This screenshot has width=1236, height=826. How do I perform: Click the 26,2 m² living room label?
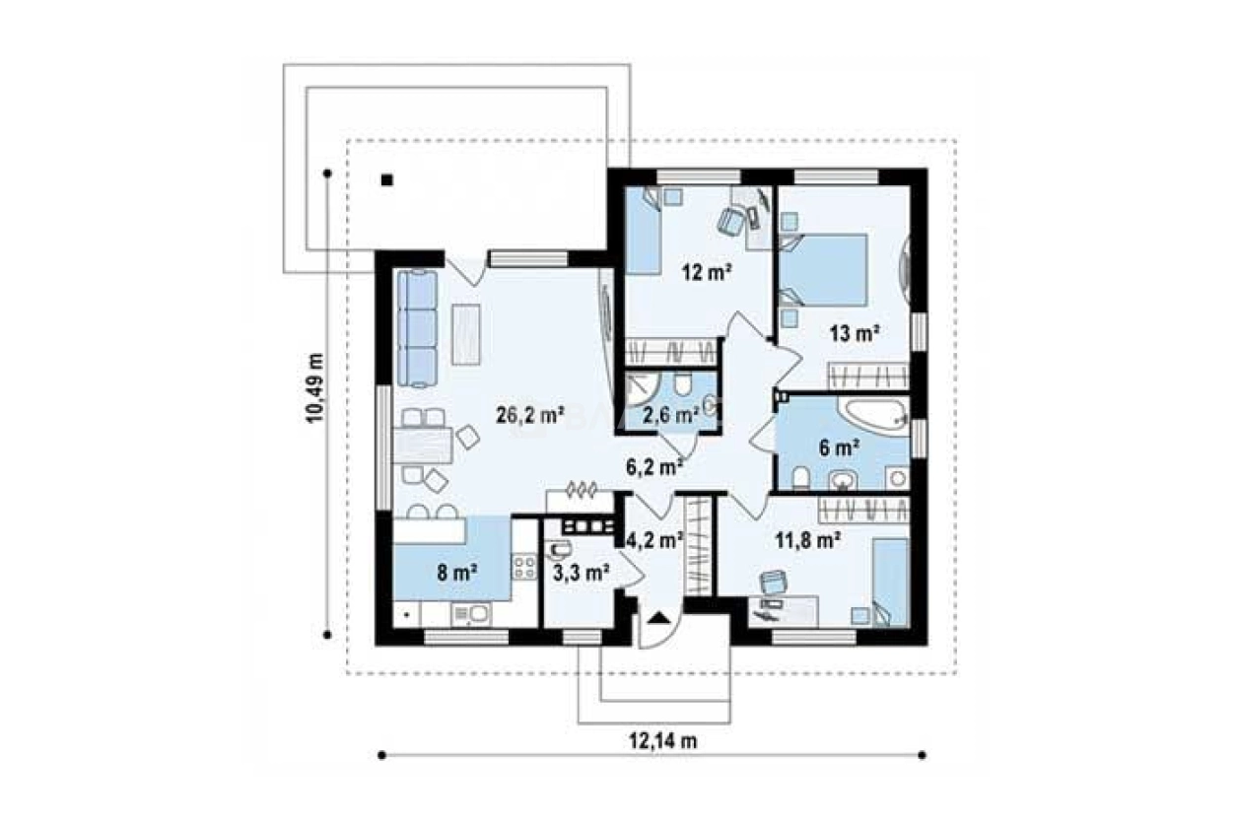coord(529,416)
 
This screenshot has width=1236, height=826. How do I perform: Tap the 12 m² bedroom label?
coord(707,273)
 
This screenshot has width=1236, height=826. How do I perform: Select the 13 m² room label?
coord(855,333)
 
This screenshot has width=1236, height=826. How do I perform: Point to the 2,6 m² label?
coord(671,414)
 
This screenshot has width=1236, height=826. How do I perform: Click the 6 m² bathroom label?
coord(839,448)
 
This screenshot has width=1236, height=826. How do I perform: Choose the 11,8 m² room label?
coord(808,540)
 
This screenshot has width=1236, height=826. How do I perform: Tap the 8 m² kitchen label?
coord(457,573)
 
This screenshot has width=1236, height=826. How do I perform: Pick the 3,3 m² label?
coord(581,573)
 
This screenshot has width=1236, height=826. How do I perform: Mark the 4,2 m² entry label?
coord(655,540)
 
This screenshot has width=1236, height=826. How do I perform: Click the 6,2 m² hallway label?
coord(655,468)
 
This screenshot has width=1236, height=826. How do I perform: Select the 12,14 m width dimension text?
coord(663,741)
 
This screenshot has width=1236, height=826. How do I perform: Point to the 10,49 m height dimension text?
coord(314,388)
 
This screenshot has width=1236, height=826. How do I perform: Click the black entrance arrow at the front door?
coord(657,617)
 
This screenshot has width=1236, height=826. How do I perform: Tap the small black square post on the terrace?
coord(386,179)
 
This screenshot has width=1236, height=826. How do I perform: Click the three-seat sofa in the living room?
coord(417,328)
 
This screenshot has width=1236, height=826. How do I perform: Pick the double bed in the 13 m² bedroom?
coord(823,270)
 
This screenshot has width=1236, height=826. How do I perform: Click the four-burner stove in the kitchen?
coord(523,568)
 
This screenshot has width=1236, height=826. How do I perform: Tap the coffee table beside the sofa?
coord(465,335)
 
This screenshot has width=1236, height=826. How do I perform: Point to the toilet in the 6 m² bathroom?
coord(800,478)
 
